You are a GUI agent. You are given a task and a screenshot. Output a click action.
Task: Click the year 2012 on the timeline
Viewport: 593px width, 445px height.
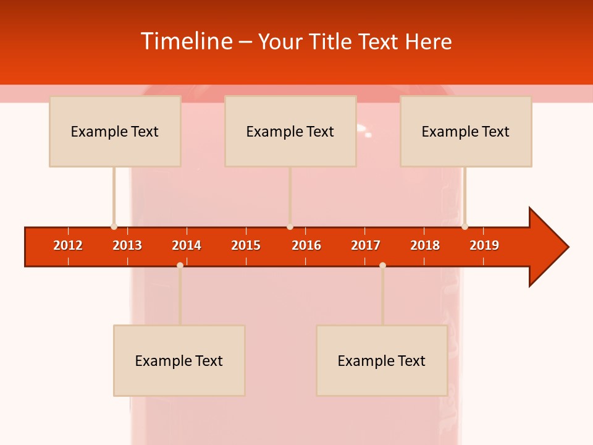tap(68, 245)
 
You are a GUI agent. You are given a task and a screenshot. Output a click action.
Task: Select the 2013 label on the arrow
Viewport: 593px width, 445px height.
tap(127, 245)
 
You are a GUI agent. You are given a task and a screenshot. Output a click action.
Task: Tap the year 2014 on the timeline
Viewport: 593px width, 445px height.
tap(187, 245)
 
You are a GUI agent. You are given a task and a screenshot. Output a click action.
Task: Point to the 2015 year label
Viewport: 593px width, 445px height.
tap(246, 245)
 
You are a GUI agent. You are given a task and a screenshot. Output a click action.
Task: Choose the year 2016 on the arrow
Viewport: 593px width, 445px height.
tap(306, 245)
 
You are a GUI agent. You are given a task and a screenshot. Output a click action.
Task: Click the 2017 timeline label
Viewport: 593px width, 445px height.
tap(366, 245)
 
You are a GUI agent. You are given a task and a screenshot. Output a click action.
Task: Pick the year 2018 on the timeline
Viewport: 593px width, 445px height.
tap(425, 245)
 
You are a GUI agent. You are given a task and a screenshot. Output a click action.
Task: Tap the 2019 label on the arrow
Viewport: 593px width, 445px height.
tap(484, 245)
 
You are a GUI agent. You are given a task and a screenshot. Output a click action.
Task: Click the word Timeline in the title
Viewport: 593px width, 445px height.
tap(187, 41)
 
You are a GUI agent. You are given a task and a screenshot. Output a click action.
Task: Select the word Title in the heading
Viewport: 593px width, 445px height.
tap(333, 41)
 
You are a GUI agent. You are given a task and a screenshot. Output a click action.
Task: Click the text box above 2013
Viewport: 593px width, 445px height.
tap(115, 131)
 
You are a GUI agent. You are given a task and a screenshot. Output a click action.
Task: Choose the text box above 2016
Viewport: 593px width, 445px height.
tap(290, 131)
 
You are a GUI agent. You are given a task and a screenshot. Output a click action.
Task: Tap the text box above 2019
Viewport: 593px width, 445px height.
tap(466, 131)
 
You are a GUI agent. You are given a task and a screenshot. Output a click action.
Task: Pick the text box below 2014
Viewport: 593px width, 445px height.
tap(179, 360)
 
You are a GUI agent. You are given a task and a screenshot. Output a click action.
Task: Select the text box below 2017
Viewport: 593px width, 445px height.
tap(382, 360)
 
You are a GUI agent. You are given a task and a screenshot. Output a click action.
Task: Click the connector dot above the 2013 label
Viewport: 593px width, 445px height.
tap(114, 226)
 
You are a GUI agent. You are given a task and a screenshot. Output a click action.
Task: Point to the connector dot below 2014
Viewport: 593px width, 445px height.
tap(180, 265)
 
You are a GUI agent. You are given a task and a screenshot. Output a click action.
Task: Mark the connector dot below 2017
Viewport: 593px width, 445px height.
tap(382, 265)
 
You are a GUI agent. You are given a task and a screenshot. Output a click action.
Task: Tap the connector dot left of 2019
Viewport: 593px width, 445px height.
tap(465, 226)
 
